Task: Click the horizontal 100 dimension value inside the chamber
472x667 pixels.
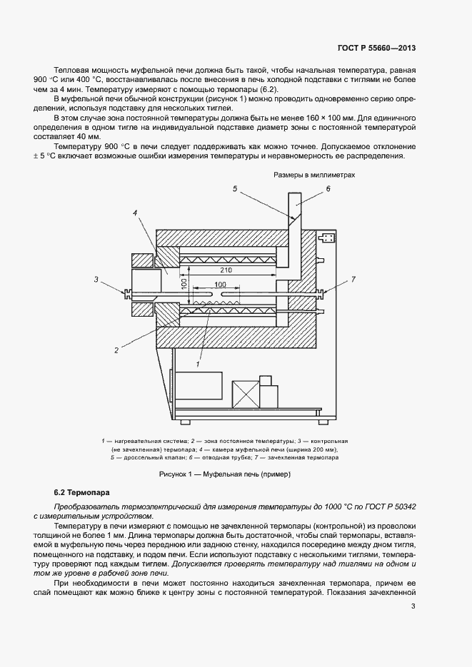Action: point(219,285)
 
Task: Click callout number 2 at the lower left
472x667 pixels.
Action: point(116,350)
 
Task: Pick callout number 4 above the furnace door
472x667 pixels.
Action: point(134,213)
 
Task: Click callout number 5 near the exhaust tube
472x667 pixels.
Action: point(234,188)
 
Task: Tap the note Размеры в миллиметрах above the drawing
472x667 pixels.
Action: point(314,174)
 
